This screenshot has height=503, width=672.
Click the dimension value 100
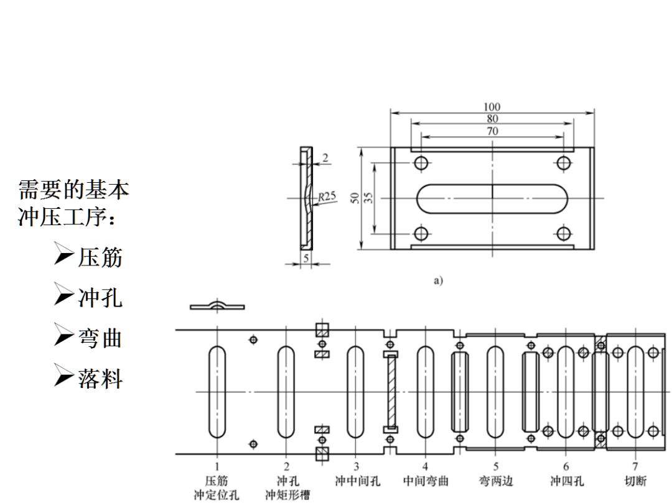pos(492,108)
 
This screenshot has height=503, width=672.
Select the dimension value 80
pos(492,119)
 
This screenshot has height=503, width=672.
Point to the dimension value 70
pos(492,131)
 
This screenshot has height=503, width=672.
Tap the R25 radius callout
pos(327,196)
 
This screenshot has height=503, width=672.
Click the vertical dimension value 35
pos(368,198)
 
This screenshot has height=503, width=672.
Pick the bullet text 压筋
pos(100,257)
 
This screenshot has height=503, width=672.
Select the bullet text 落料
pos(100,378)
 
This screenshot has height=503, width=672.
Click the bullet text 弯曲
pos(100,338)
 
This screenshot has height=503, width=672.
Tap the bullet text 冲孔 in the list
pos(100,298)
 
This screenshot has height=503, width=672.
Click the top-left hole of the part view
pos(421,163)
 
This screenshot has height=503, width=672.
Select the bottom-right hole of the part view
pos(564,234)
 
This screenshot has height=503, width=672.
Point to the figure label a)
pos(438,280)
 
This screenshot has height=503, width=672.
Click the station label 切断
pos(635,481)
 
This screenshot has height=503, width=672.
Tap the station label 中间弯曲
pos(426,481)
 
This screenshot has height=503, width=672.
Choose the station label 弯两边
pos(495,481)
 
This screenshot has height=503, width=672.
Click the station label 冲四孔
pos(566,481)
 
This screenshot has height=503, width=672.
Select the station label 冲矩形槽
pos(287,495)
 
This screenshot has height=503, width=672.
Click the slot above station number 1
pos(217,392)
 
